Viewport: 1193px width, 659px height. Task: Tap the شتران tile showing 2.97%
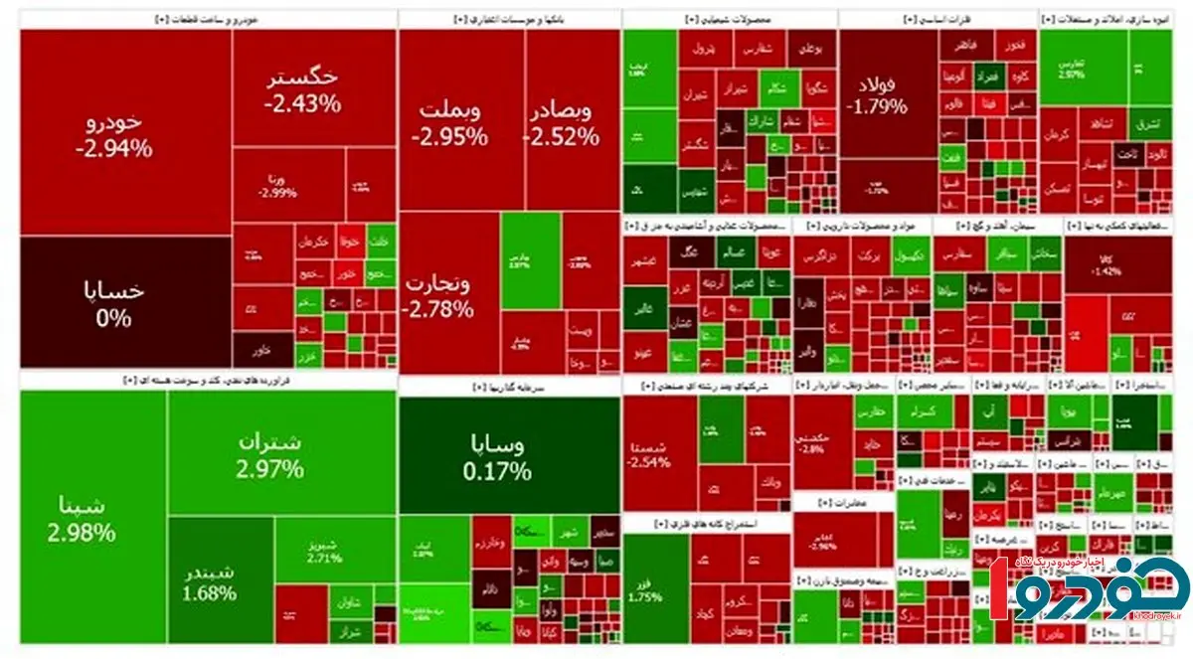click(269, 455)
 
